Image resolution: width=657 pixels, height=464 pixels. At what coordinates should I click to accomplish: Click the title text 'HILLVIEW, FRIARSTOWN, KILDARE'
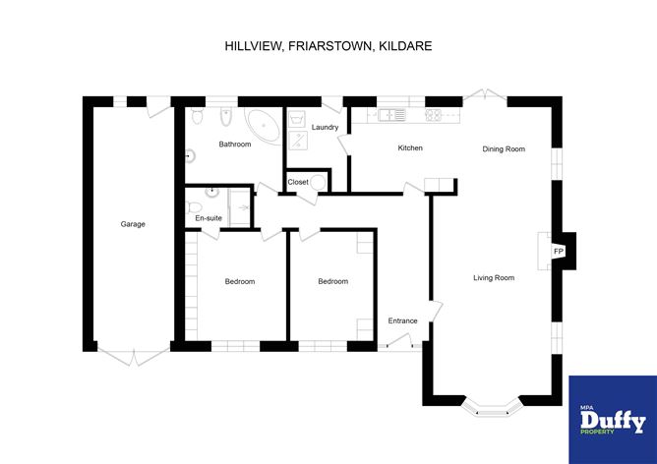click(x=328, y=45)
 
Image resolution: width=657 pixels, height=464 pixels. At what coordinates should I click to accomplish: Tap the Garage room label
click(x=133, y=224)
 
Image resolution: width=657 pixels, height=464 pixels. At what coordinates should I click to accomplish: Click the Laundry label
click(x=325, y=128)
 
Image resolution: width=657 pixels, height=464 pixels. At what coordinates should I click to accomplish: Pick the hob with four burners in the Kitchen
click(x=434, y=115)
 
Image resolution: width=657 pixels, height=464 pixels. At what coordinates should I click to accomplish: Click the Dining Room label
click(x=503, y=149)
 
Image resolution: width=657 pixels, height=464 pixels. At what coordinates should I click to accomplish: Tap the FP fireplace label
click(x=559, y=253)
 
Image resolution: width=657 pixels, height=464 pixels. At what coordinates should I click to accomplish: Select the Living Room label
click(x=493, y=278)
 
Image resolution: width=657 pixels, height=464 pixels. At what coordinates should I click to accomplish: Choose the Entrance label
click(x=402, y=320)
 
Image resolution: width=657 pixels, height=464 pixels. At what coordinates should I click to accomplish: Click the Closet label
click(x=298, y=182)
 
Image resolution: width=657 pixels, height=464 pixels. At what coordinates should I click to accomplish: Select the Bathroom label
click(x=234, y=145)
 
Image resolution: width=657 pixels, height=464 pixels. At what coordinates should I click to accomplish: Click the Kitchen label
click(x=410, y=148)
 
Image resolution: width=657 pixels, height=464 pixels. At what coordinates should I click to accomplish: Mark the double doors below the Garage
click(x=133, y=356)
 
